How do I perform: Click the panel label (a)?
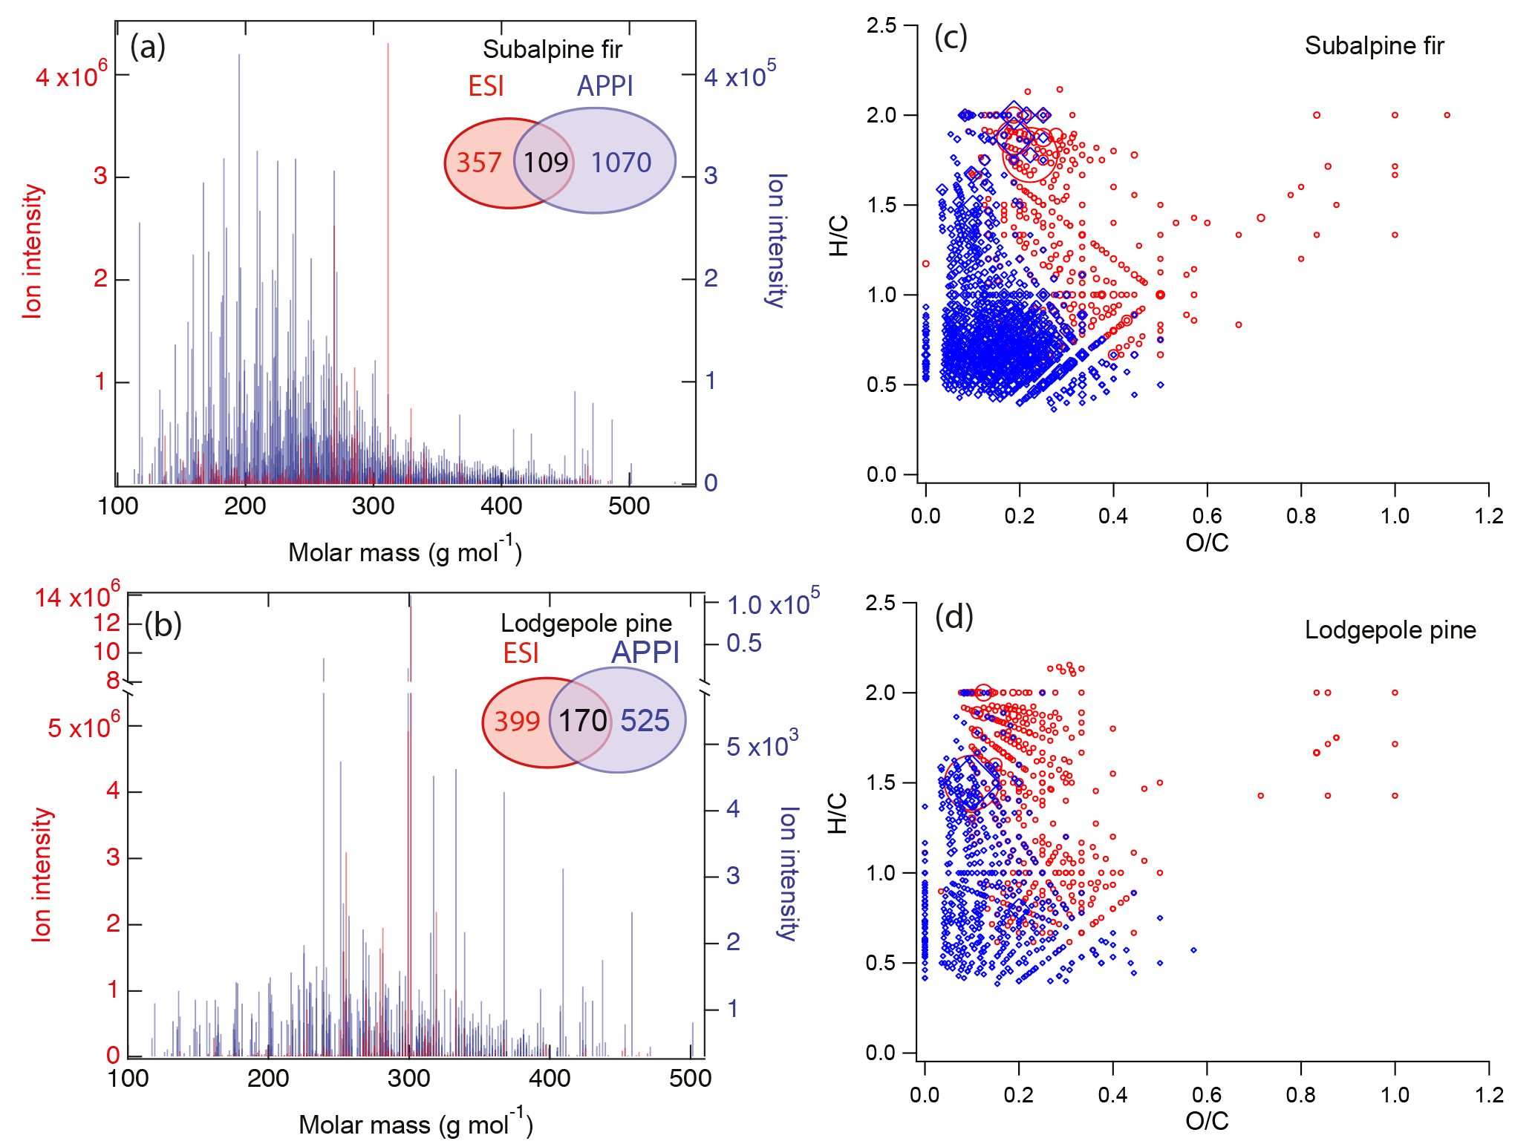147,47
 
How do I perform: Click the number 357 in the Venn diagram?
479,163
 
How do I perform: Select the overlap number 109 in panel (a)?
546,163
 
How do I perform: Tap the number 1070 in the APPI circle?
621,163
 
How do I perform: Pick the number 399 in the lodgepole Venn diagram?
517,721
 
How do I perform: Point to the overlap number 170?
583,721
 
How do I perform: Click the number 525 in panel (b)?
645,721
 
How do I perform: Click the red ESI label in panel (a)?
486,87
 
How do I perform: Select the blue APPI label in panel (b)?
645,653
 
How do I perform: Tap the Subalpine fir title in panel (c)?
1374,46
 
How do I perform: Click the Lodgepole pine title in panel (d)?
1390,630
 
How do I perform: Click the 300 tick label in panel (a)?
373,506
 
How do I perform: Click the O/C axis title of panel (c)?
1207,543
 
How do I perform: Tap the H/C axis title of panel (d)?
837,813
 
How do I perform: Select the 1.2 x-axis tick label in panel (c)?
1488,516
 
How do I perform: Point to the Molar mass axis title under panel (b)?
415,1124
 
